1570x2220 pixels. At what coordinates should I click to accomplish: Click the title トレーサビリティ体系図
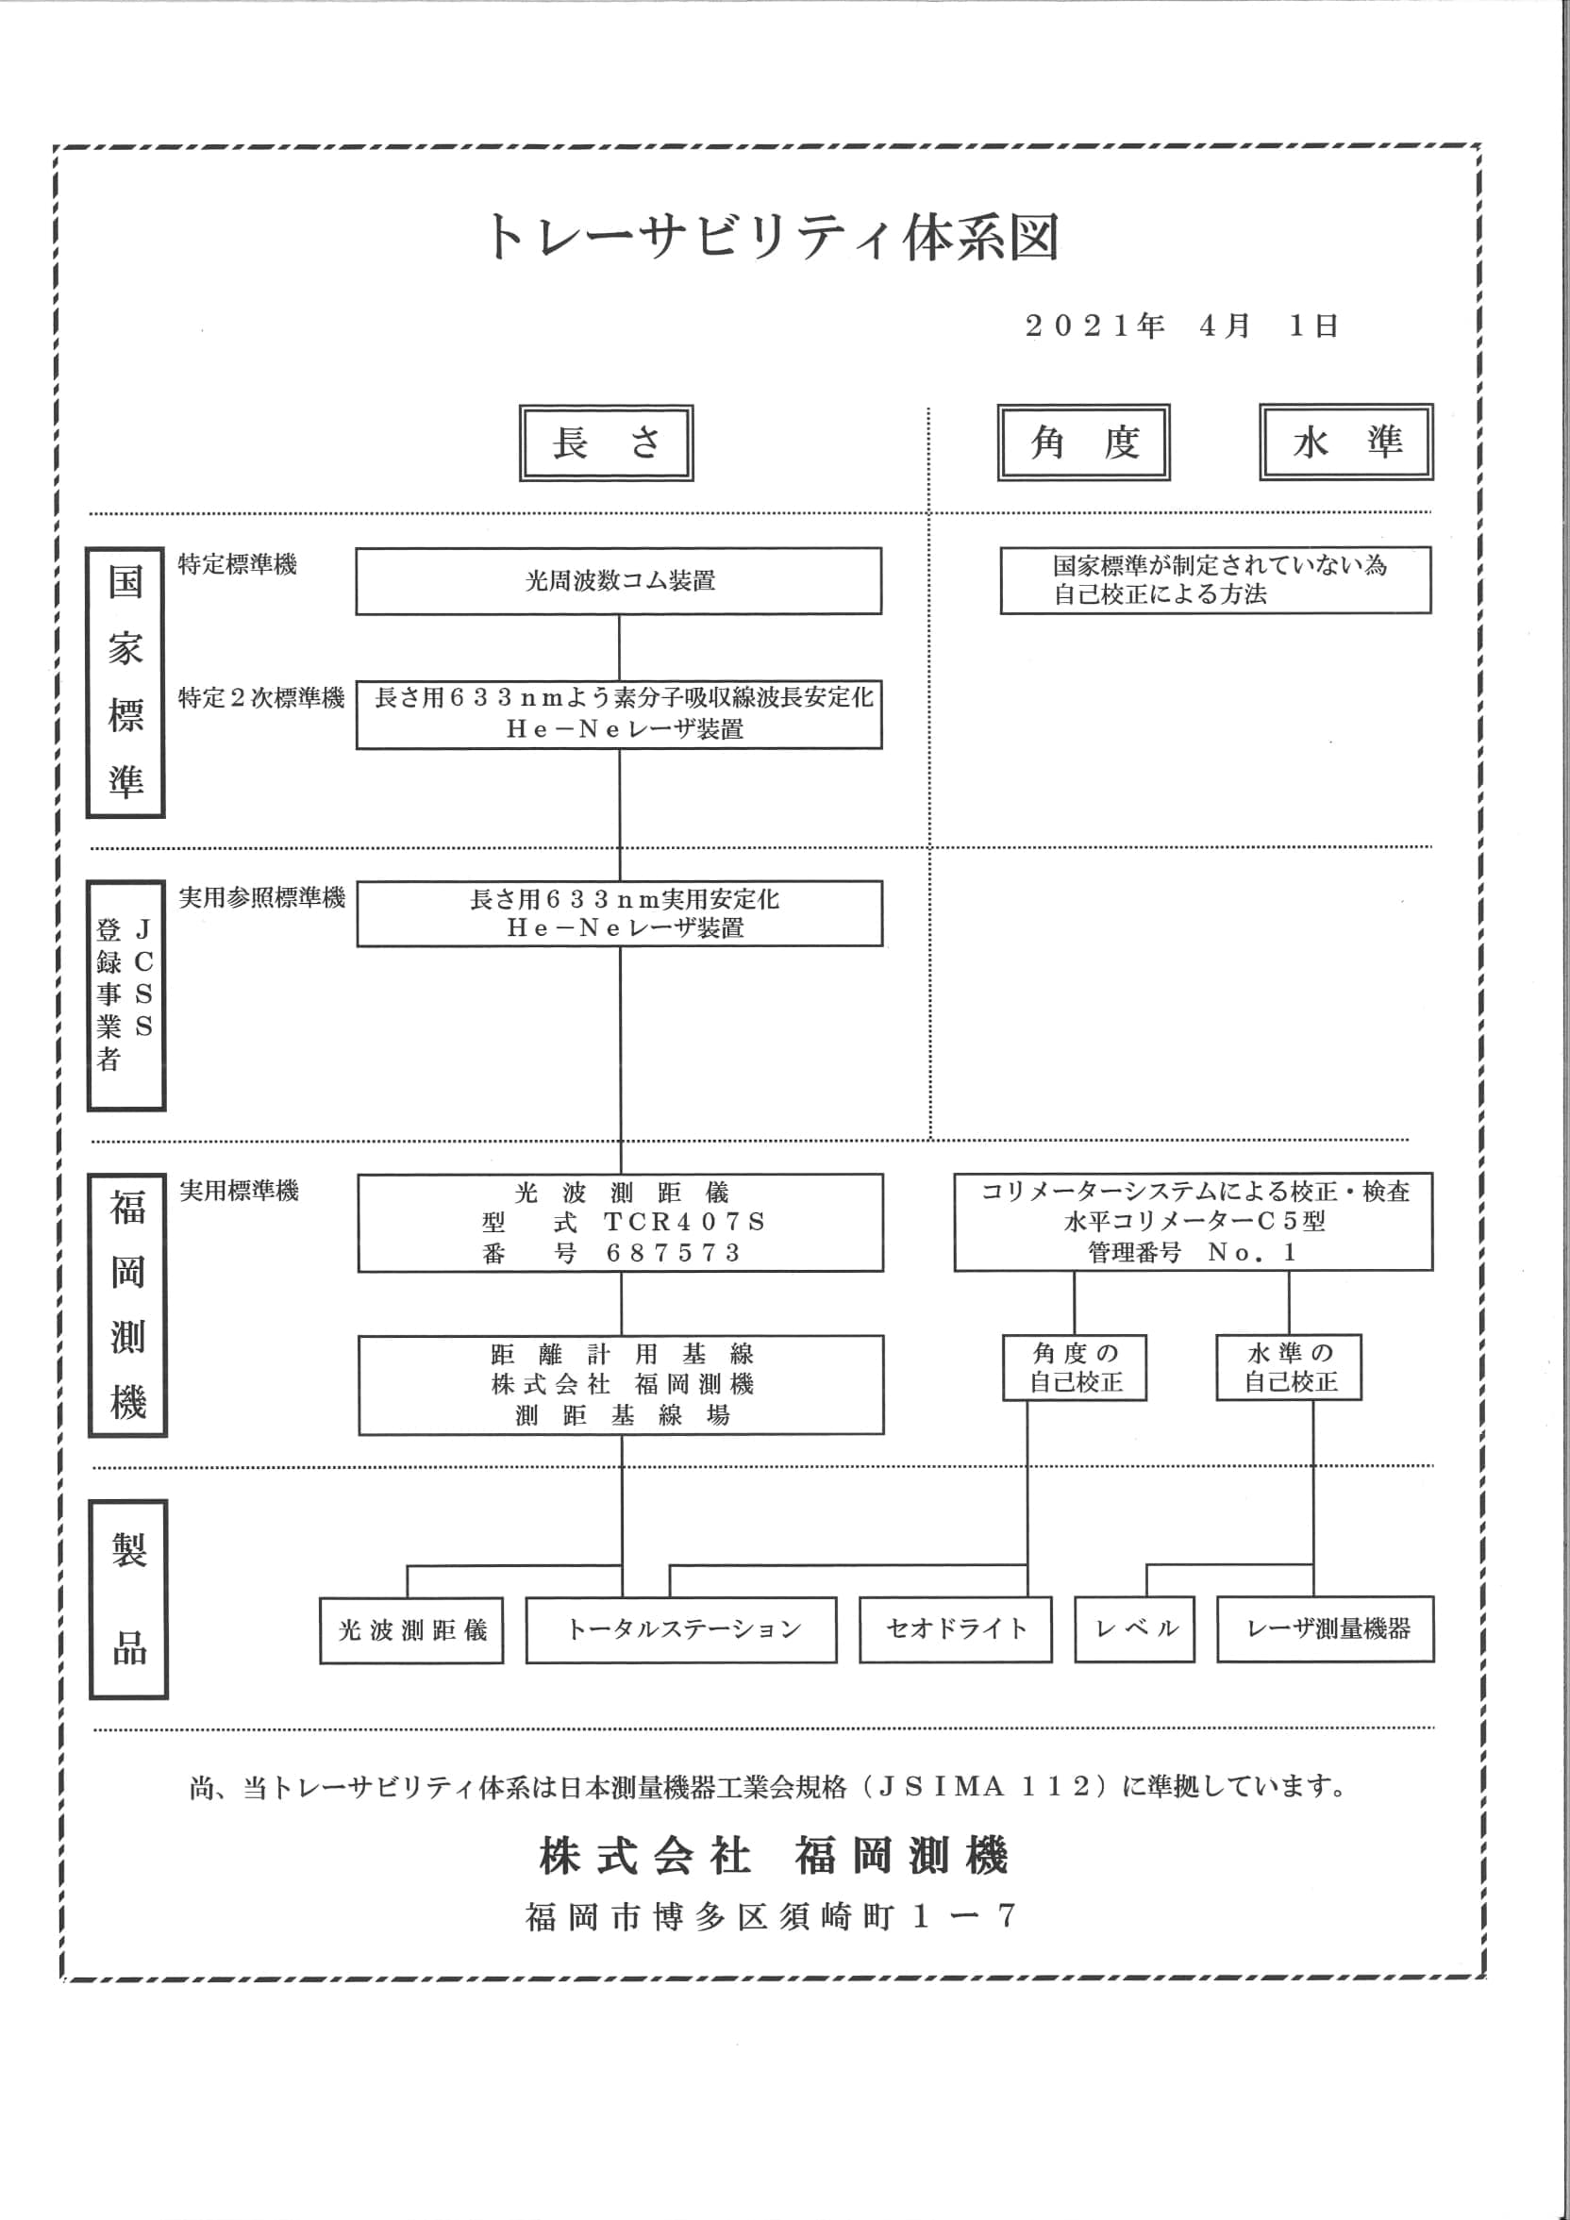pyautogui.click(x=773, y=237)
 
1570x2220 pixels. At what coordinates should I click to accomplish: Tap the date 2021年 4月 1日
pyautogui.click(x=1181, y=325)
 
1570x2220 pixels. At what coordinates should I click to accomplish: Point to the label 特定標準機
pyautogui.click(x=238, y=563)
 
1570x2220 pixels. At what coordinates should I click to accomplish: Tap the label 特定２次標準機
pyautogui.click(x=261, y=697)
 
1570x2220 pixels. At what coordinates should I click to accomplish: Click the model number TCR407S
pyautogui.click(x=684, y=1222)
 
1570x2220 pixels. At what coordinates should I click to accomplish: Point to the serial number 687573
pyautogui.click(x=673, y=1253)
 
